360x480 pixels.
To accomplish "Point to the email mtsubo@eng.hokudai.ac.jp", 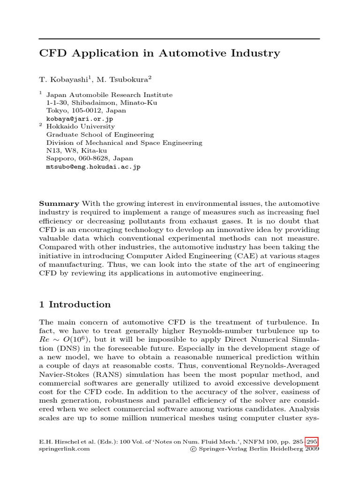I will click(93, 166).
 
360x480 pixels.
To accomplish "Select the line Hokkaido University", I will click(80, 127).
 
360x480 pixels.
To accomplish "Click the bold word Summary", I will click(59, 203).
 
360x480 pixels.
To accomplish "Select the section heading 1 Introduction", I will click(75, 305).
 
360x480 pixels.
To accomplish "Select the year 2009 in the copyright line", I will click(311, 449).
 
